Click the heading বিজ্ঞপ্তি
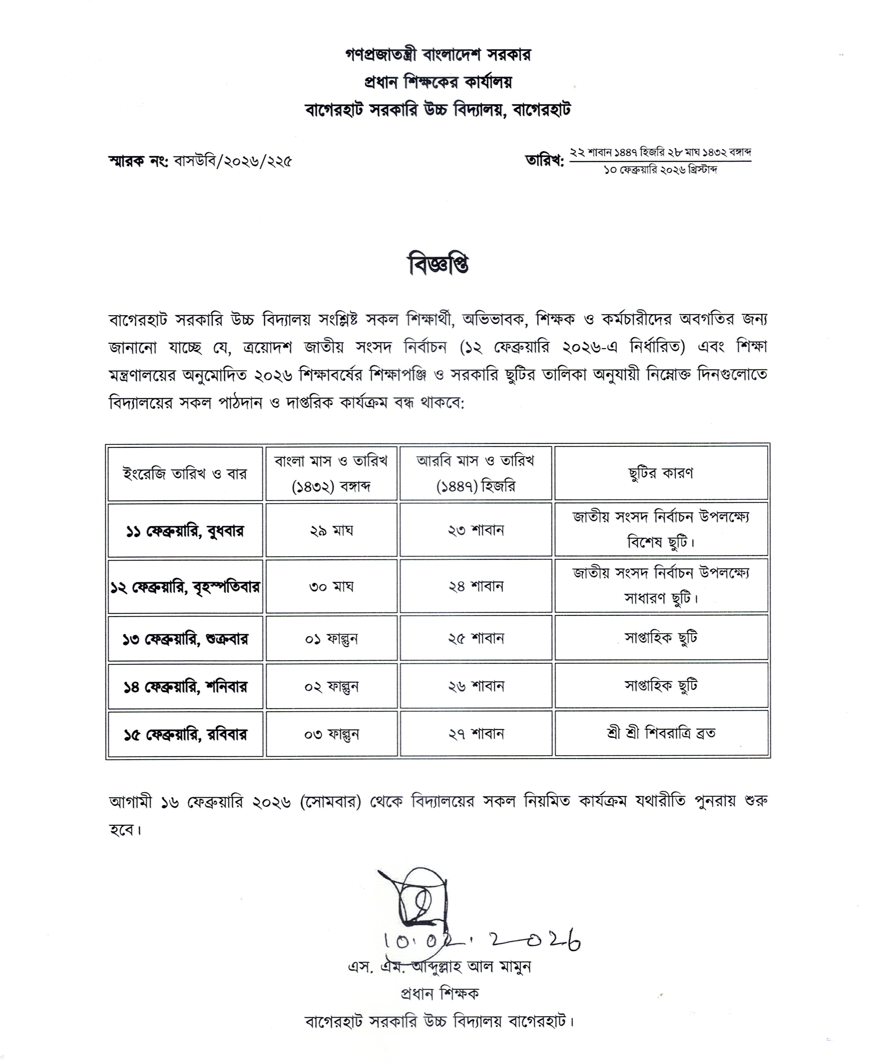point(438,265)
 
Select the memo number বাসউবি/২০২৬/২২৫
point(233,161)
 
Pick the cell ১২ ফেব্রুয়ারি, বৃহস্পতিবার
point(185,587)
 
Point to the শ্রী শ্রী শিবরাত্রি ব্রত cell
point(661,733)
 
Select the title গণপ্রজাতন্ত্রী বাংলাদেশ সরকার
point(438,54)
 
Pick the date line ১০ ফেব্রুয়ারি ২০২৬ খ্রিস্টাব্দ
point(660,170)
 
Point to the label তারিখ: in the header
point(544,161)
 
